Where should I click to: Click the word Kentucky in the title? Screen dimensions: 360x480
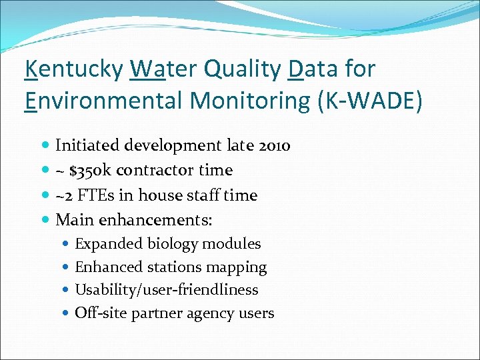point(74,69)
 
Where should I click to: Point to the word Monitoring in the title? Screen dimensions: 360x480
point(232,101)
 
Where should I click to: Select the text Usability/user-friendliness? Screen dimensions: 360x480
point(166,290)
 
